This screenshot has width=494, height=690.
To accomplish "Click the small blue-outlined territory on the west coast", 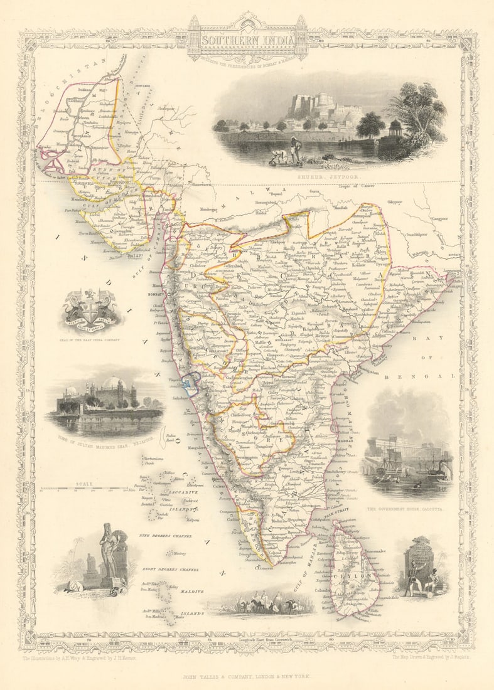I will (x=189, y=381).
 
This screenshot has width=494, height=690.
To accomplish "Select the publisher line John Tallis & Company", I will (x=247, y=677).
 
